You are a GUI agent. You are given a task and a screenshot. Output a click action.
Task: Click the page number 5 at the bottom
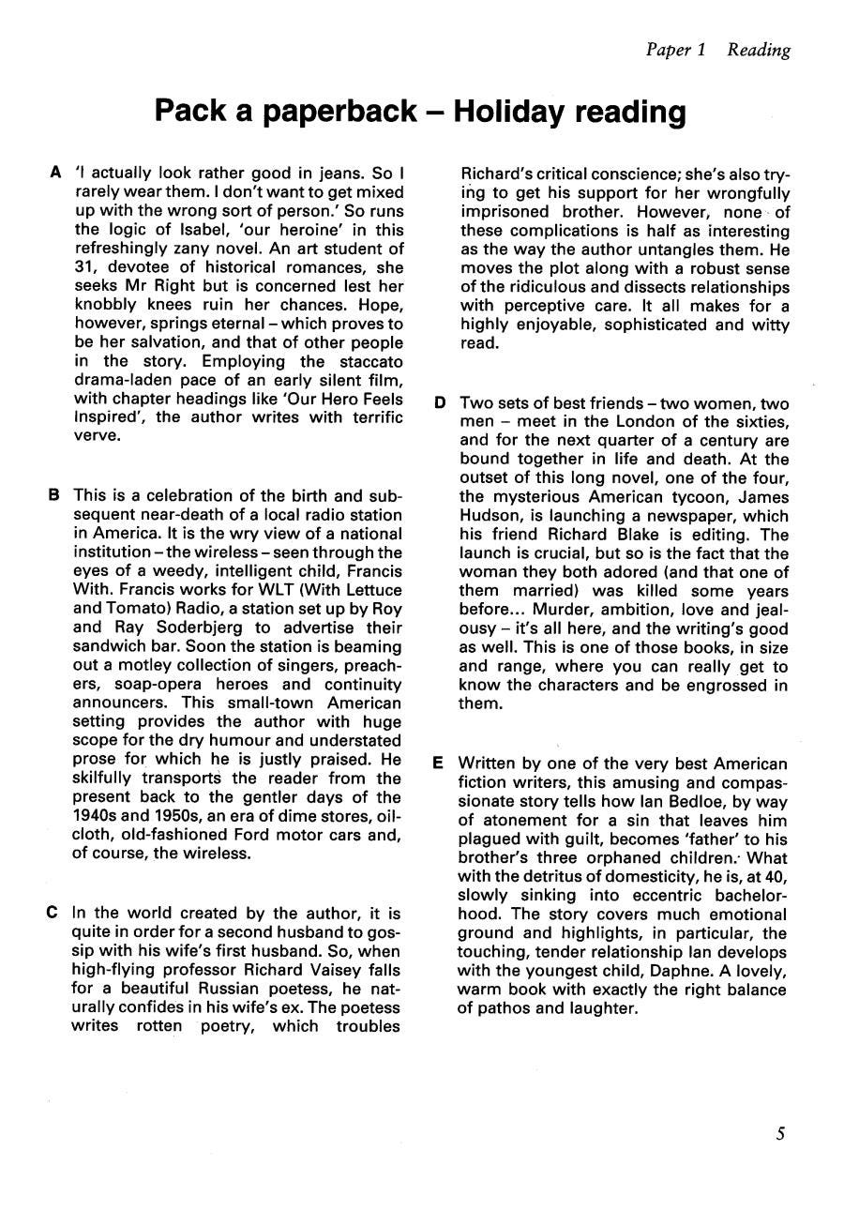[780, 1133]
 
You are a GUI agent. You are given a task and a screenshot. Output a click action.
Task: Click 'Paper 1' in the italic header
[675, 50]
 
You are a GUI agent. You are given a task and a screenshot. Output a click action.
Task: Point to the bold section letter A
[55, 174]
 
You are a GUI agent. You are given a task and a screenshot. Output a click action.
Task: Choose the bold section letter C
[53, 913]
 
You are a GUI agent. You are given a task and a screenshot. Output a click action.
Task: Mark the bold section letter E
[438, 764]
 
